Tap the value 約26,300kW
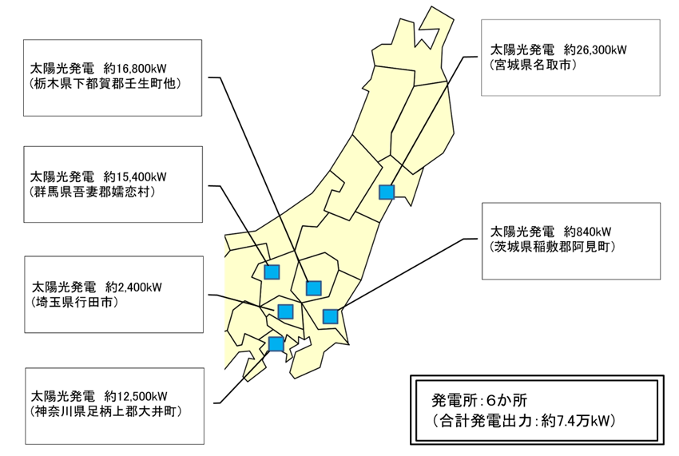pyautogui.click(x=594, y=50)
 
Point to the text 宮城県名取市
pyautogui.click(x=532, y=66)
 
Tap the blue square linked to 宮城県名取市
pyautogui.click(x=387, y=192)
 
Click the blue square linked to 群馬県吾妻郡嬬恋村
pyautogui.click(x=272, y=272)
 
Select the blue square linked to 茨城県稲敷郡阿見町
pyautogui.click(x=330, y=316)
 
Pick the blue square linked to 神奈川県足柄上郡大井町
pyautogui.click(x=276, y=344)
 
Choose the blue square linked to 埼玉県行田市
pyautogui.click(x=285, y=311)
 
